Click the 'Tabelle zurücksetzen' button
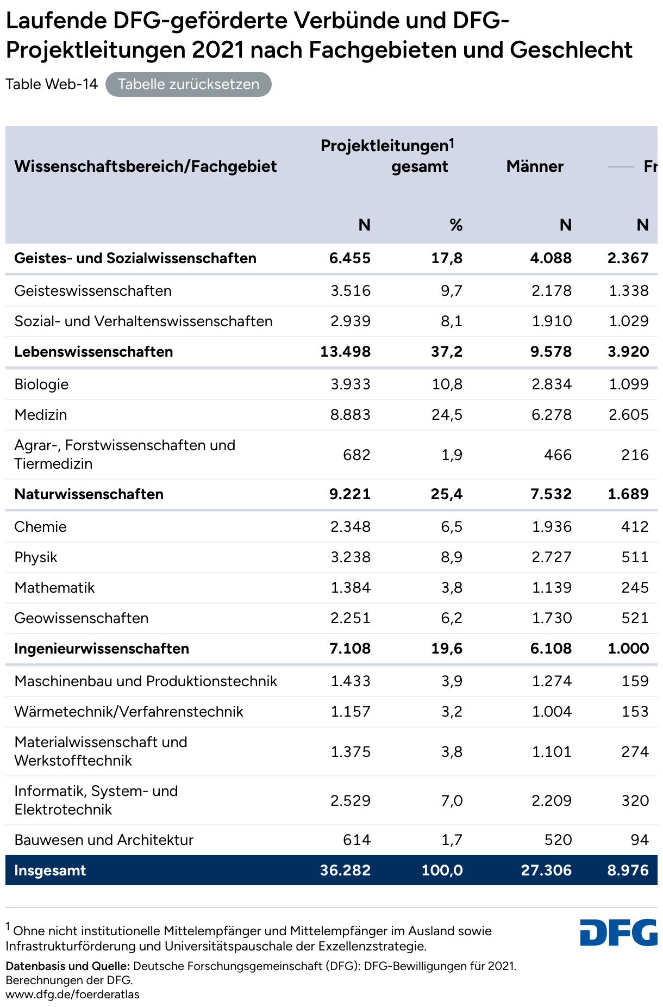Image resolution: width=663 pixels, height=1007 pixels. tap(188, 84)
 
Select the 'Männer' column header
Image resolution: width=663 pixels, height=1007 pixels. tap(535, 166)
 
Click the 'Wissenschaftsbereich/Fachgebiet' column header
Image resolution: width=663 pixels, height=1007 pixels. tap(146, 166)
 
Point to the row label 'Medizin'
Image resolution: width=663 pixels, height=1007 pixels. tap(41, 415)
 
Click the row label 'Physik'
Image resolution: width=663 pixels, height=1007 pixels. tap(36, 557)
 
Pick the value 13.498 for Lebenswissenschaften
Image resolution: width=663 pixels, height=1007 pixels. tap(346, 352)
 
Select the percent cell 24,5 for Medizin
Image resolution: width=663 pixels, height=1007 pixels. tap(447, 415)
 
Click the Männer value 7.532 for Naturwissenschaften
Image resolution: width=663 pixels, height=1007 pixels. tap(551, 494)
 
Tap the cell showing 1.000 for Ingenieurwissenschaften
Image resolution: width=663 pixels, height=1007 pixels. tap(628, 649)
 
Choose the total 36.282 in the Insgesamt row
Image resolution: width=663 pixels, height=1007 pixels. tap(346, 871)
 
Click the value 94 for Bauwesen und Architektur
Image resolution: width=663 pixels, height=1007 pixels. tap(640, 840)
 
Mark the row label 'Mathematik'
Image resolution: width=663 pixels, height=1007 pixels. tap(54, 588)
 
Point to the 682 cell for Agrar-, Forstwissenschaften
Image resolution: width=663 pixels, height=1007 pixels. tap(356, 455)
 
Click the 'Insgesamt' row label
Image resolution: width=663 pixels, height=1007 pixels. tap(50, 871)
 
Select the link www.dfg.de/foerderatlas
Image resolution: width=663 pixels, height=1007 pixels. tap(72, 994)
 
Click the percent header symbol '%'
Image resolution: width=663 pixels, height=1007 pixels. tap(456, 225)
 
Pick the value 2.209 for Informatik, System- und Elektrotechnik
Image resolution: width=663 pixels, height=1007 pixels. tap(551, 801)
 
